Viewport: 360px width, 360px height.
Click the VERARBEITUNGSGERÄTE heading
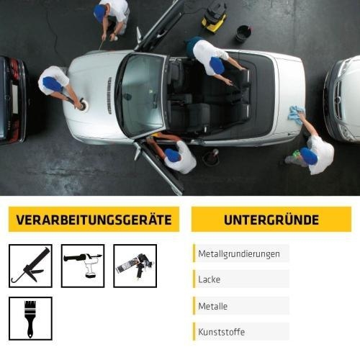[x=94, y=220]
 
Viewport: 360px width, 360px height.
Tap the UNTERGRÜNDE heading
[x=271, y=220]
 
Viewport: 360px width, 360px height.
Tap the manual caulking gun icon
[x=30, y=266]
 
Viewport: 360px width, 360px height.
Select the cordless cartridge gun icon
[x=83, y=266]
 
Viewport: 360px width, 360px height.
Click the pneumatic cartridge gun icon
[x=135, y=266]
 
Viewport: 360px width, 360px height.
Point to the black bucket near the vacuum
[x=243, y=33]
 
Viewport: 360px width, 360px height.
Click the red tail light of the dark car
[x=14, y=72]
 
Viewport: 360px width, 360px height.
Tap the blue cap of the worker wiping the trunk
[x=309, y=156]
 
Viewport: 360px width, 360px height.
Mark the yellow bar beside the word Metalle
[x=194, y=306]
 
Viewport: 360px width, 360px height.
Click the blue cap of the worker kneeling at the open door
[x=173, y=155]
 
